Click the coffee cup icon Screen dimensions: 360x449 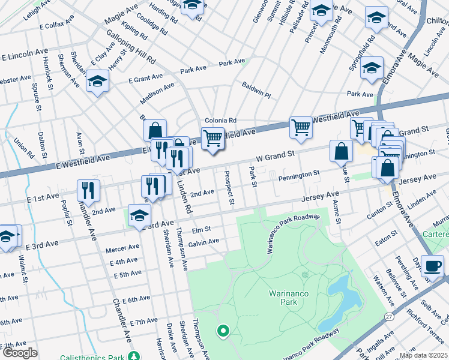[432, 265]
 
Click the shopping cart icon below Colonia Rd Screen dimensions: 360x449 [212, 138]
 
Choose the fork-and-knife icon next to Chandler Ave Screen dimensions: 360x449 [88, 190]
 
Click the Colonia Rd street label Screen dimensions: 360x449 [220, 120]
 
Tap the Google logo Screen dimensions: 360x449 [20, 353]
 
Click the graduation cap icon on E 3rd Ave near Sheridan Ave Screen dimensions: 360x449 [139, 214]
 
